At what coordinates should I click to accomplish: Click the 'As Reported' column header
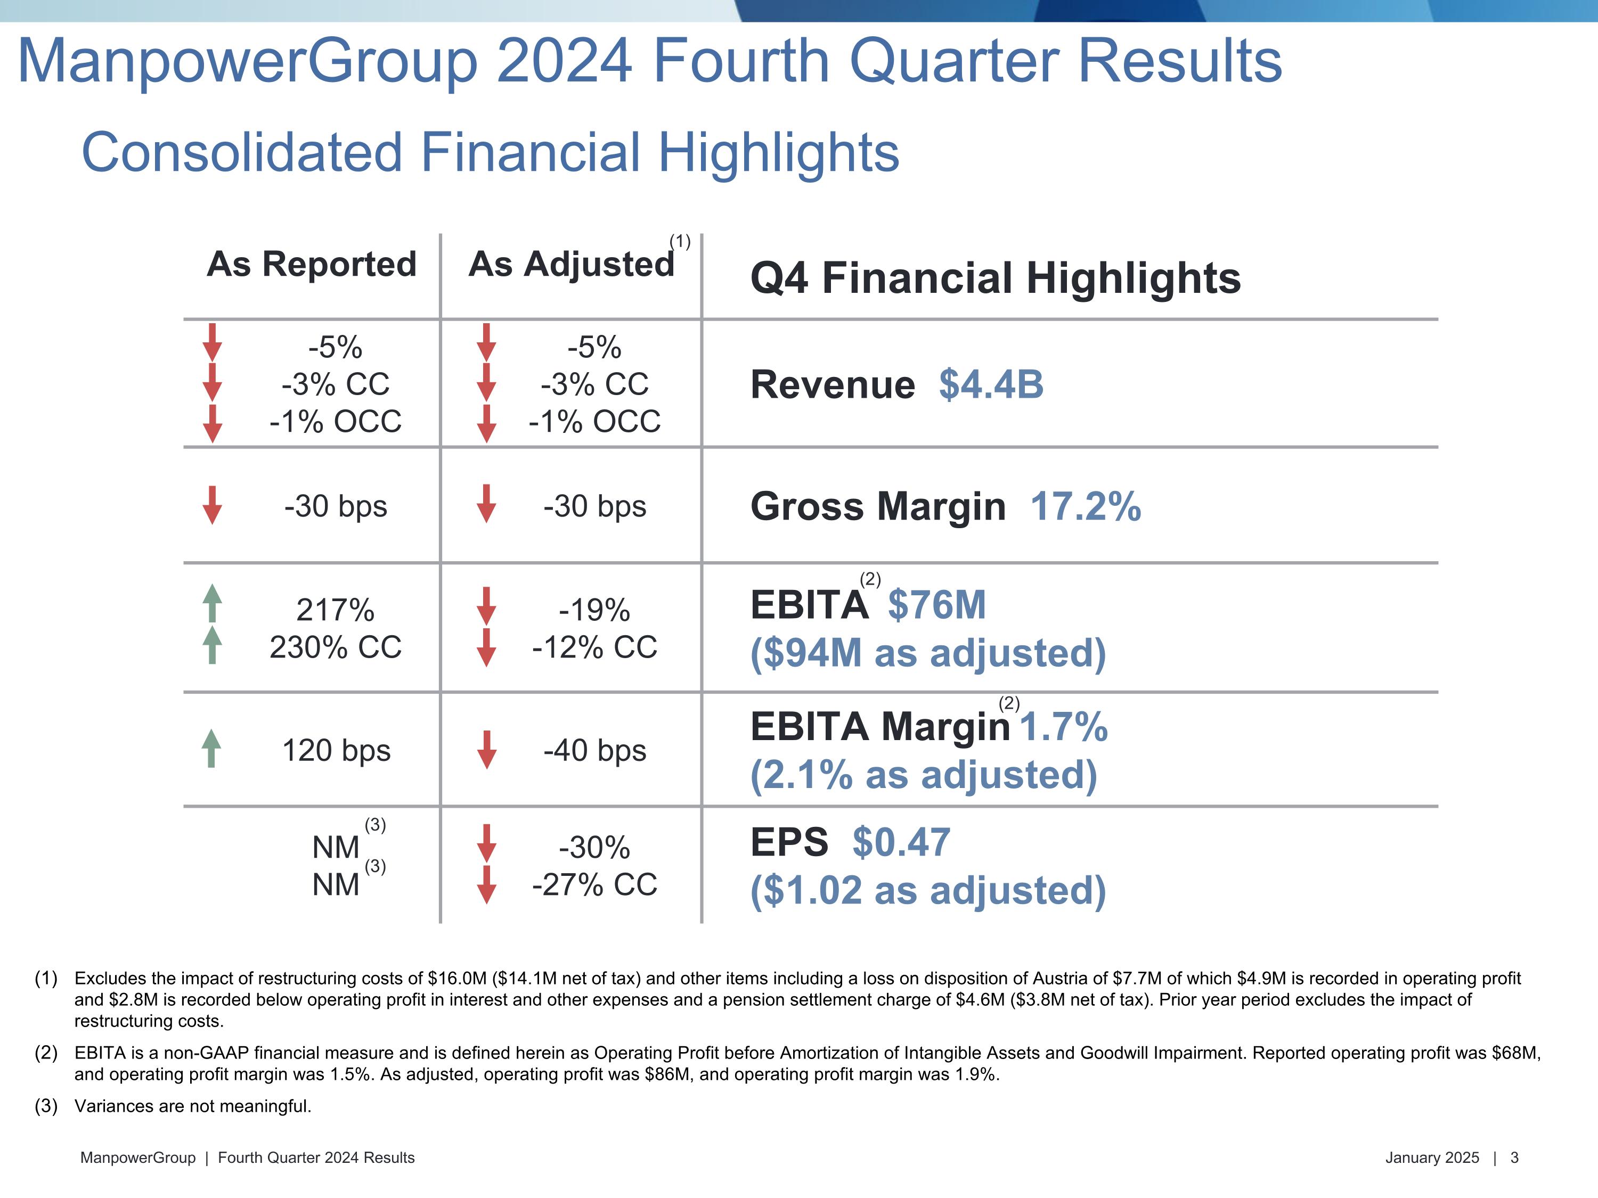[312, 264]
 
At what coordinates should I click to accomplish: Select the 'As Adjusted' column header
[570, 264]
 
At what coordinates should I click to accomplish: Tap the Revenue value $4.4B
[990, 384]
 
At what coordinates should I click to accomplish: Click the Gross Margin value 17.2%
[1085, 506]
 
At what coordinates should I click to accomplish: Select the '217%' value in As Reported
[335, 610]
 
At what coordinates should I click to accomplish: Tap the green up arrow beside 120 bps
[211, 748]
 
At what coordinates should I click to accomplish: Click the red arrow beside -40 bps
[487, 750]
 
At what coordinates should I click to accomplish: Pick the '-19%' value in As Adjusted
[594, 610]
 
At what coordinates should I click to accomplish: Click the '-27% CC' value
[594, 884]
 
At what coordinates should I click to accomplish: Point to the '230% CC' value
[335, 647]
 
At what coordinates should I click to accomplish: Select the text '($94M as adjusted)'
[927, 653]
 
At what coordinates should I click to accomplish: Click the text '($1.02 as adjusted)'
[927, 890]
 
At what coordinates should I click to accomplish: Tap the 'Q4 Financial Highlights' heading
[995, 279]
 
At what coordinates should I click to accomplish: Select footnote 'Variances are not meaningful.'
[193, 1106]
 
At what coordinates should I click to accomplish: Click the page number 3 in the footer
[1514, 1158]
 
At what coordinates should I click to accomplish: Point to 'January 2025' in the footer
[1432, 1158]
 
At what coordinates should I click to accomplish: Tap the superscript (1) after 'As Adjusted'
[680, 241]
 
